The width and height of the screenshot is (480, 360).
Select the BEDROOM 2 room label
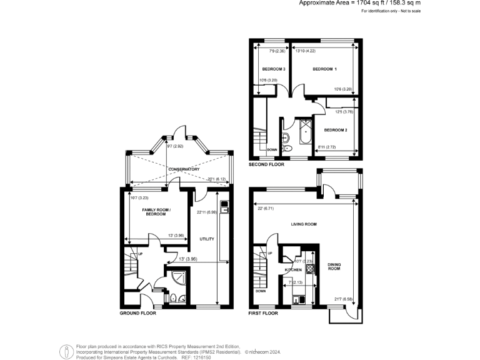[x=336, y=130]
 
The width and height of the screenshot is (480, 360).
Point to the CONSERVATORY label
[x=183, y=169]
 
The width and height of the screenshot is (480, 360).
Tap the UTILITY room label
[x=207, y=239]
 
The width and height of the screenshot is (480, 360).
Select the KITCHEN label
[x=294, y=269]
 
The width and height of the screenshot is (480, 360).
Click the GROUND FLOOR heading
[x=137, y=313]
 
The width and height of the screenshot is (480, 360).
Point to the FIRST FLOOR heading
[x=262, y=313]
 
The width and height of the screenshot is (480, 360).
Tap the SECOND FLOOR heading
[x=266, y=164]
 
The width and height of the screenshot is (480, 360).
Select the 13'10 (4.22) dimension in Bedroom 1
[x=304, y=51]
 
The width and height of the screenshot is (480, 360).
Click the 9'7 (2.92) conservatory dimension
[x=176, y=146]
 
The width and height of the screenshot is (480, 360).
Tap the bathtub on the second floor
[x=306, y=132]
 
